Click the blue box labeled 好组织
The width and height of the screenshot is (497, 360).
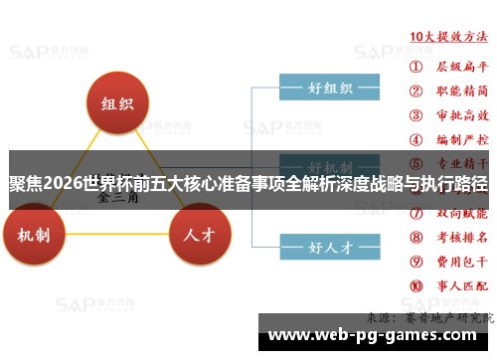pos(331,88)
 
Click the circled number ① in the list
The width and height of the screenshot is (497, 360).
pos(416,70)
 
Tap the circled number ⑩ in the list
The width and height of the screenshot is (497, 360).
pos(416,284)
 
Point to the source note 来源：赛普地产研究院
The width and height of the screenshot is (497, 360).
pos(429,318)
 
